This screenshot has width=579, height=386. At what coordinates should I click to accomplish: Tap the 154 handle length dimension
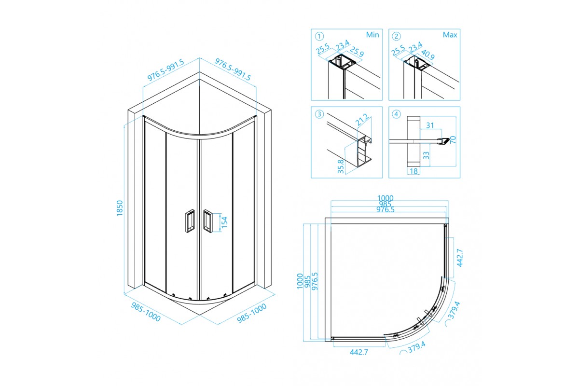point(224,221)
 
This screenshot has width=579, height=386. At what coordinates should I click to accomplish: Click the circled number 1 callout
point(319,36)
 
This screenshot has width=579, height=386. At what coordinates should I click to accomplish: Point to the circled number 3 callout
point(319,114)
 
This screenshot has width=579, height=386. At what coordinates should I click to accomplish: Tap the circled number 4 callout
point(397,114)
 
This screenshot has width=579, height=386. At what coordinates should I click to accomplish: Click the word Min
point(372,35)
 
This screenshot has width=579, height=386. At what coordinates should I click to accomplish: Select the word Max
point(450,35)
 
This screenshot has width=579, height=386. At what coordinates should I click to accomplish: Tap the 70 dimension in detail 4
point(452,139)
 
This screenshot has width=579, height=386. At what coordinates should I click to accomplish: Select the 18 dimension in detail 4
point(414,171)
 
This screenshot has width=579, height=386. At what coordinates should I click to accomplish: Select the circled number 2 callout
point(397,36)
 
